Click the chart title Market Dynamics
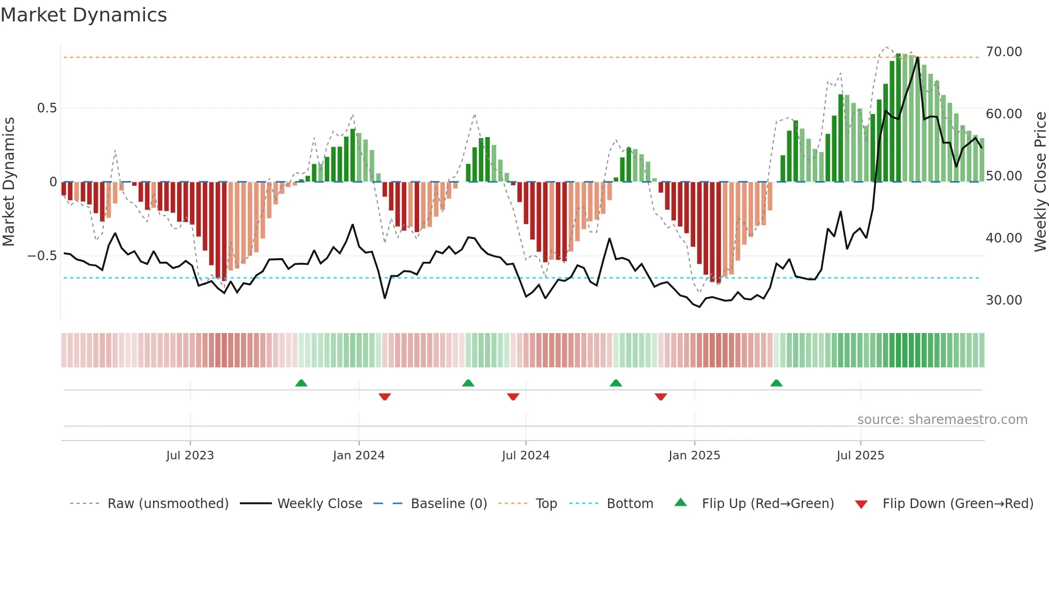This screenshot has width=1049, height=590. (83, 15)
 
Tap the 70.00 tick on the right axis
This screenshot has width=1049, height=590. (1004, 52)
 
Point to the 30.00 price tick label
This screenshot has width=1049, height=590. (1004, 300)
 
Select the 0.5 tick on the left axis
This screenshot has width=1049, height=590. (47, 108)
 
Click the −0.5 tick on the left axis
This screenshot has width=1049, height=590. (42, 256)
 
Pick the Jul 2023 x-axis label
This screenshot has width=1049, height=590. (190, 456)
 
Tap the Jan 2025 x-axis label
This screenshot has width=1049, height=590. (694, 456)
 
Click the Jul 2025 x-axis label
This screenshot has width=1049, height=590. (860, 456)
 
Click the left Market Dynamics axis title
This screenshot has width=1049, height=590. (9, 182)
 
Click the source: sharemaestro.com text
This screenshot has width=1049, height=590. (942, 420)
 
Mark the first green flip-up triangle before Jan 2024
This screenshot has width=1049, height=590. (301, 383)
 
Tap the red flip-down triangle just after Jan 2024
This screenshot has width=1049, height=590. (385, 397)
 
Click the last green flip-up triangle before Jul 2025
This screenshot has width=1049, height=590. (776, 383)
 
